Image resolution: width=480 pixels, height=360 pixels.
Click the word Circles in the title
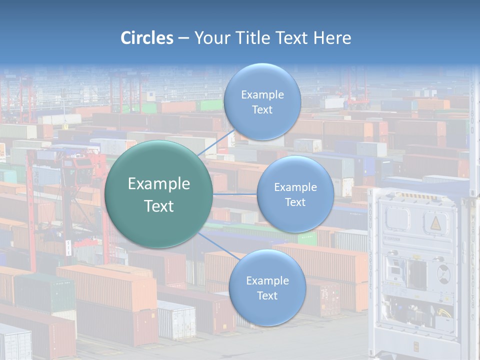[147, 38]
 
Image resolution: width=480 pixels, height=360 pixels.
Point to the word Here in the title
[332, 38]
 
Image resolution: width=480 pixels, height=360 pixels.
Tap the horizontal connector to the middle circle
[235, 194]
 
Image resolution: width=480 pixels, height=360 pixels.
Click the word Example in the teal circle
[159, 184]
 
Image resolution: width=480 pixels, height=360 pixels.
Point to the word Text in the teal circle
[159, 206]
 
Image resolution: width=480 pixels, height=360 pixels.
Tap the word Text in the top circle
[262, 110]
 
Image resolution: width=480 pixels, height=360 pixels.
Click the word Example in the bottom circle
[267, 281]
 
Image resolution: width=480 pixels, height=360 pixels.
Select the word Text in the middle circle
[295, 202]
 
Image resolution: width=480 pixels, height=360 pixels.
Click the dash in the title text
[183, 38]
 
